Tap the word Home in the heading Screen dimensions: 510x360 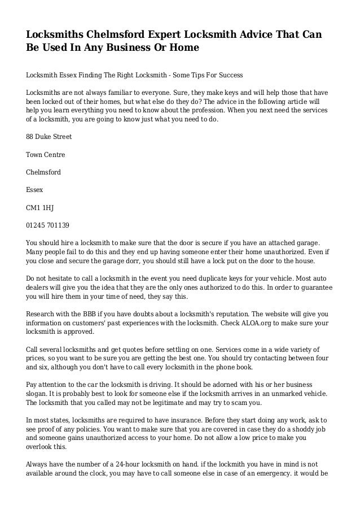click(183, 49)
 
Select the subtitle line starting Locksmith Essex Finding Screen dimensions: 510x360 click(134, 75)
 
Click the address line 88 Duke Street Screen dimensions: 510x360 click(49, 137)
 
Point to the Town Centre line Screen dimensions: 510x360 click(46, 154)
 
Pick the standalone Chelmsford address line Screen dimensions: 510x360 click(43, 172)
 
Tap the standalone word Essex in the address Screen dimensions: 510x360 click(35, 190)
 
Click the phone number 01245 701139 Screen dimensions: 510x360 click(48, 225)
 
